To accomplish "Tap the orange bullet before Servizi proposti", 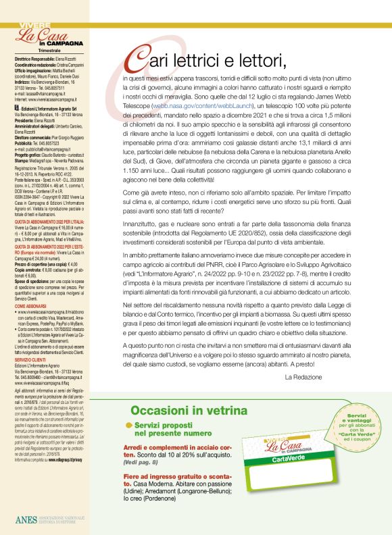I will [129, 424].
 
